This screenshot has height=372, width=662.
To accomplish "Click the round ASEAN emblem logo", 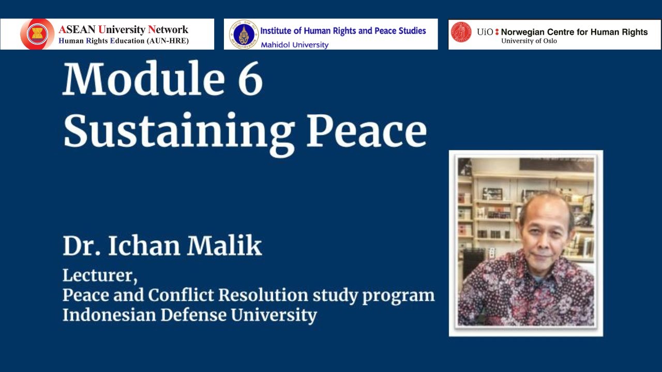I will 37,34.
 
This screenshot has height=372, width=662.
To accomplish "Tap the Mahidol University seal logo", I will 244,34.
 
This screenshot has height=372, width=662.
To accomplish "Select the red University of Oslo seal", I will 461,32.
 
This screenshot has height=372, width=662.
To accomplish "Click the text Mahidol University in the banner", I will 294,45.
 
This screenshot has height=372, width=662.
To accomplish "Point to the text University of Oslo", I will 529,41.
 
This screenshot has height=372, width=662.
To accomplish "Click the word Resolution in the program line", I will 264,295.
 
